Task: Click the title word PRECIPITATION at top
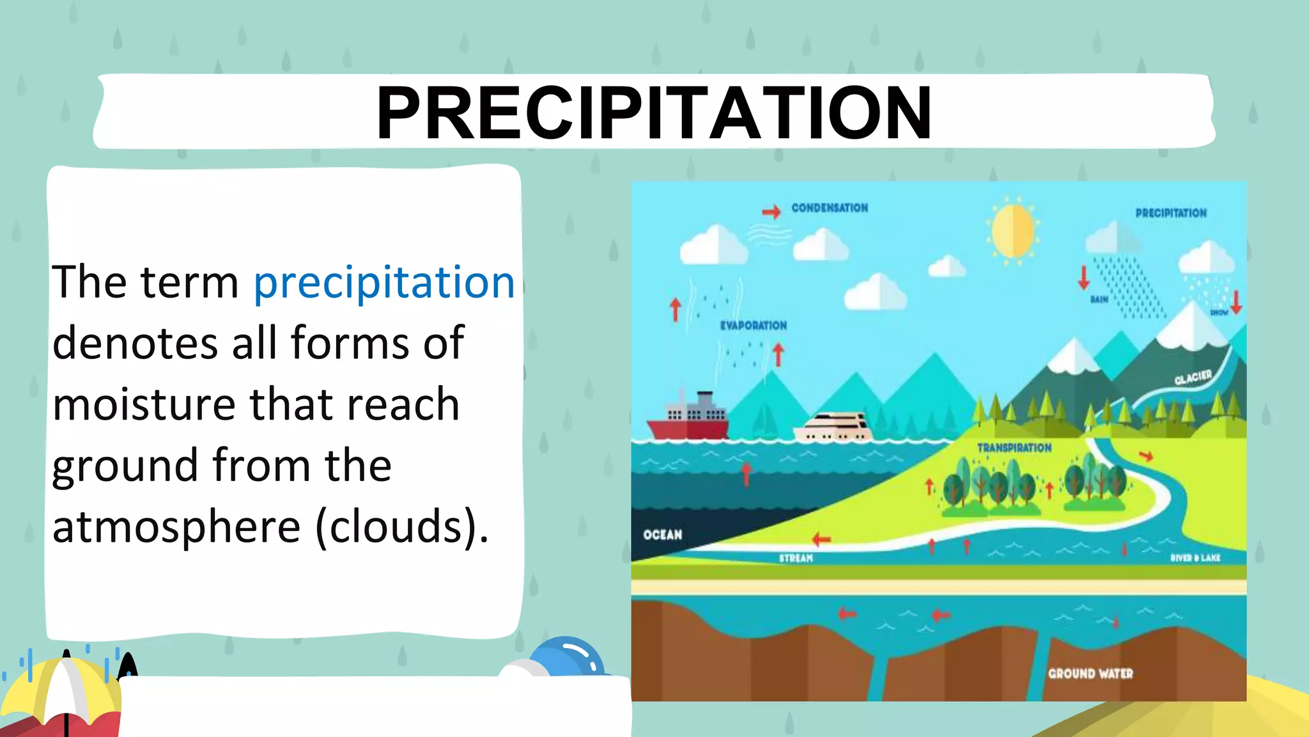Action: click(x=653, y=113)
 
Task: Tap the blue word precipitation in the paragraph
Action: click(x=383, y=282)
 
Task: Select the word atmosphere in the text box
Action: click(x=176, y=527)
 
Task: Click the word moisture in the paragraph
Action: click(x=144, y=404)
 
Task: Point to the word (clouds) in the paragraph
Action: click(x=402, y=527)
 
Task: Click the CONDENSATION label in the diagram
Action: click(x=829, y=208)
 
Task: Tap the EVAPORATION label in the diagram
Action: click(x=754, y=326)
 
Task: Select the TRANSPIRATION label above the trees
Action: click(x=1014, y=448)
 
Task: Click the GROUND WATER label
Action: click(x=1090, y=674)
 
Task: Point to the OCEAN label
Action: click(x=662, y=535)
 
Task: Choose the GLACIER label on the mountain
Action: click(x=1193, y=377)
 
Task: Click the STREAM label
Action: click(x=796, y=559)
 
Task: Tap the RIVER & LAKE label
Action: click(x=1195, y=558)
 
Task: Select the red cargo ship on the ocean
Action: click(x=688, y=420)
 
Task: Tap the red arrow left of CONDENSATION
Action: click(x=771, y=212)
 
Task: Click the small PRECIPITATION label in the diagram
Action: click(x=1170, y=213)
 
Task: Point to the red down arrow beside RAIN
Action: click(x=1083, y=277)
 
